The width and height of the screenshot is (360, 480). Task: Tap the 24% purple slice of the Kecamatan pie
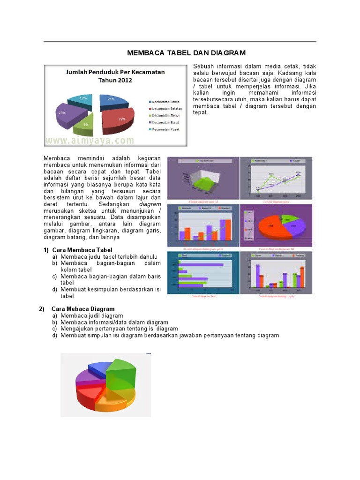pos(68,113)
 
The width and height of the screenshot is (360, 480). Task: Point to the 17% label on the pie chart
pos(83,98)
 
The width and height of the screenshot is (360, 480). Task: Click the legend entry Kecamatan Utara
pos(166,102)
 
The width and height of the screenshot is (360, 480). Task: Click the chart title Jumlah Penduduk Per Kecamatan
pos(115,72)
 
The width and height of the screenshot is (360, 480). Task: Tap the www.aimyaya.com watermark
pos(90,140)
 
